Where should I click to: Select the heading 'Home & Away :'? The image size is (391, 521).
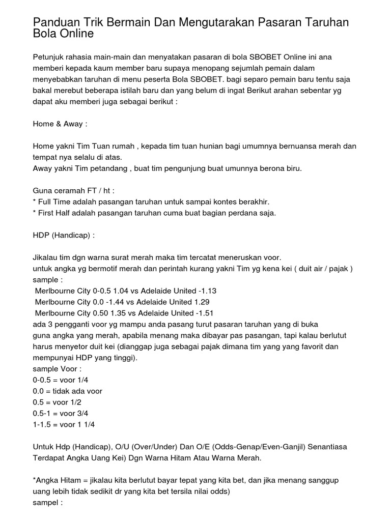60,124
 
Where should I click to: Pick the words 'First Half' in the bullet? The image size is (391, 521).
56,213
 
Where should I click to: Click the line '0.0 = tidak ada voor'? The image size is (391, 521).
68,391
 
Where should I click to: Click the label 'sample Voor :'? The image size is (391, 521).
57,369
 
